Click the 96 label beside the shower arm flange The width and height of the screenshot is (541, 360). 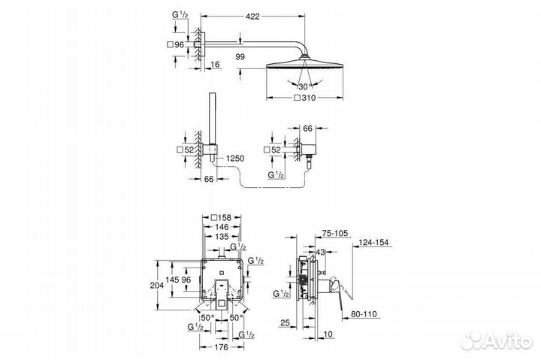coord(180,44)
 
